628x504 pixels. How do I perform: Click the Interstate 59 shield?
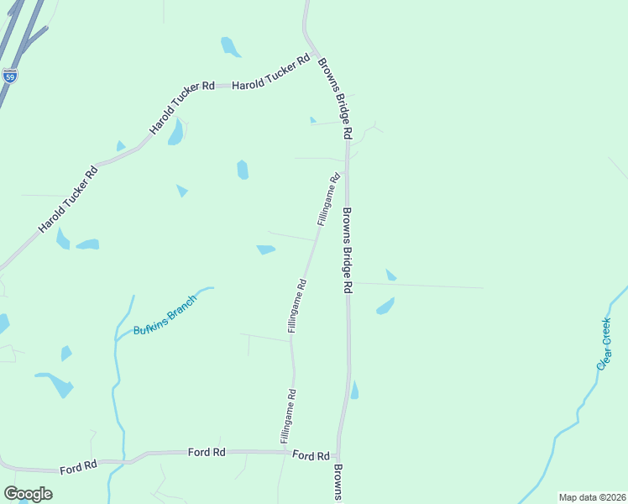pos(9,76)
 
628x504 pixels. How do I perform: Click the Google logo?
pos(28,494)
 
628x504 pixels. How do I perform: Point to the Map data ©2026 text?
pos(591,496)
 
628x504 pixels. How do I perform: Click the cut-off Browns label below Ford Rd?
pos(338,483)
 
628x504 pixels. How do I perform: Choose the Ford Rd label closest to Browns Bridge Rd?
pos(311,455)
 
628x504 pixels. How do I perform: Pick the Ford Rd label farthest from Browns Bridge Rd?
pos(79,465)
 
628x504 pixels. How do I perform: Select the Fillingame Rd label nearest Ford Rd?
pos(287,417)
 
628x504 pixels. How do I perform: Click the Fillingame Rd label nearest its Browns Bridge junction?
pos(328,199)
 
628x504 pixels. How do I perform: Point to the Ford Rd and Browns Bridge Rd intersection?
pos(338,454)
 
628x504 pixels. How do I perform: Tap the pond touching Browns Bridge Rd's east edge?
pos(354,391)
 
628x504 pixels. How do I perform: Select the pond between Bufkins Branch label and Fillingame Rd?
pos(266,249)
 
